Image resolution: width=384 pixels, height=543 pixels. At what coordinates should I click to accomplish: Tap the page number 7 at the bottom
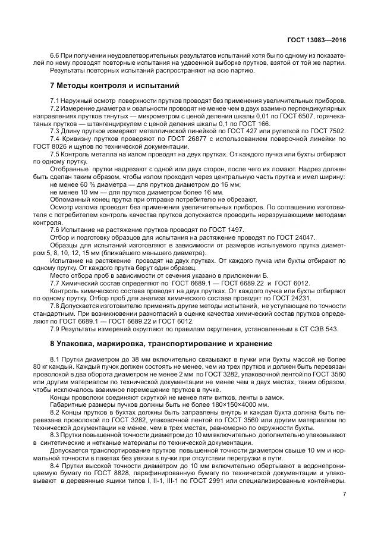point(344,494)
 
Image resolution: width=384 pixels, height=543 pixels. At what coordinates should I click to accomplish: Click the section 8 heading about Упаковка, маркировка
point(161,343)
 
